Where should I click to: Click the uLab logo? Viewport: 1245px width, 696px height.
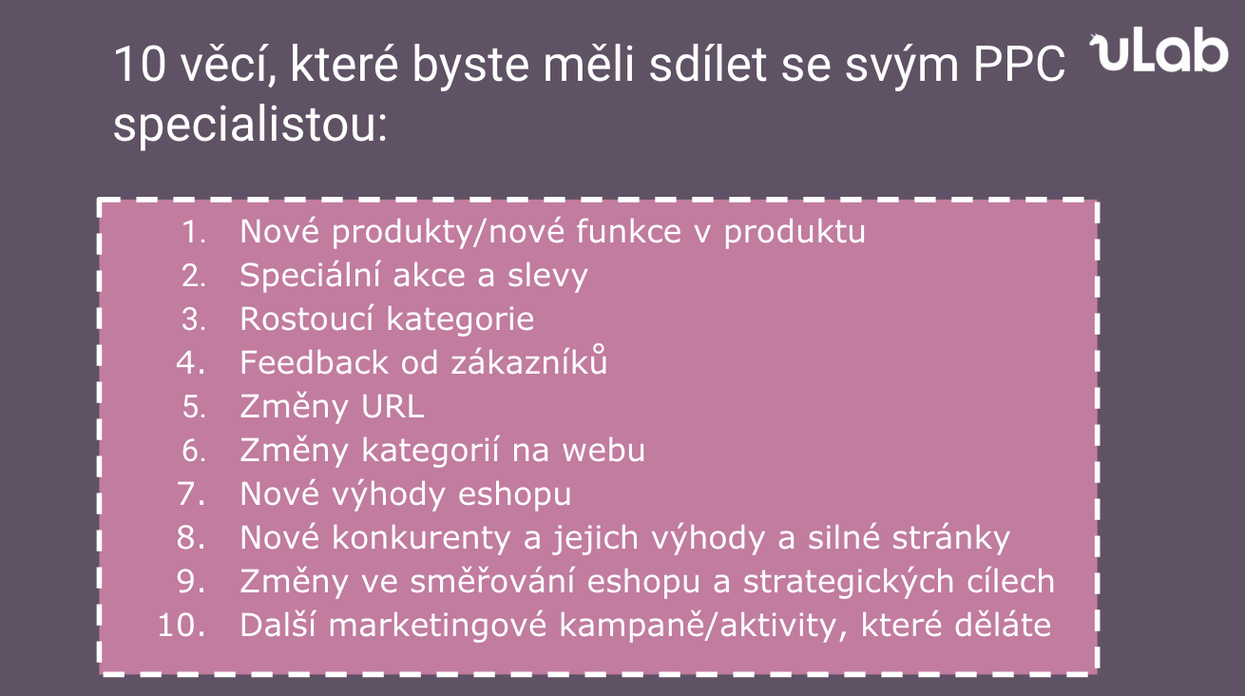[x=1159, y=50]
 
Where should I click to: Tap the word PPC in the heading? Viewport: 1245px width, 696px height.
[x=1019, y=65]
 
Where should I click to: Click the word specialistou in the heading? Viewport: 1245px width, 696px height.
[x=250, y=126]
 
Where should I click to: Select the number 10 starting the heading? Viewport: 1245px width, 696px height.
[x=140, y=65]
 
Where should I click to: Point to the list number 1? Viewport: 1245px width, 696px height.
[x=195, y=232]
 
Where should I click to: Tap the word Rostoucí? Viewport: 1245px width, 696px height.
[x=307, y=319]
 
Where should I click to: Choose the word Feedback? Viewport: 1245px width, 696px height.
[x=315, y=362]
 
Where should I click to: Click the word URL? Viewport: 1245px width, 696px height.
[x=393, y=406]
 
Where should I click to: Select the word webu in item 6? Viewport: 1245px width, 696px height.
[x=603, y=450]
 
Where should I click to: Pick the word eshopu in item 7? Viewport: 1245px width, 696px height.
[x=514, y=494]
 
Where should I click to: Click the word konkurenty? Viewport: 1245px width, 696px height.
[x=421, y=538]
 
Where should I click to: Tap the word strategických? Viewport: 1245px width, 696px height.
[x=848, y=582]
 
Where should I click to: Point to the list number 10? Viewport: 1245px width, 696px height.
[x=182, y=626]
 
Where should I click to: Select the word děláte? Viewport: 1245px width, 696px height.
[x=1003, y=625]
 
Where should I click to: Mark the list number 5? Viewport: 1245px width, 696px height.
[x=194, y=406]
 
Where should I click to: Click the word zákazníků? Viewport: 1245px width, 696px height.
[x=528, y=360]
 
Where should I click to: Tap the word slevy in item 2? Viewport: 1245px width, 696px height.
[x=547, y=277]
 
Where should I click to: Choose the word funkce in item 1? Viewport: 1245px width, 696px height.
[x=628, y=232]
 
